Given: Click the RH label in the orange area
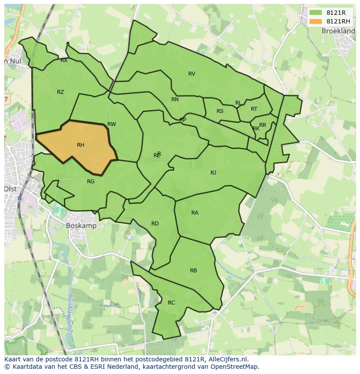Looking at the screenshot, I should coord(80,145).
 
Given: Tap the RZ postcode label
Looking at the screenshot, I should coord(60,92).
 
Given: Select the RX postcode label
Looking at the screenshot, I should coord(64,61).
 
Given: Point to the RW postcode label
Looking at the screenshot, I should coord(112,124).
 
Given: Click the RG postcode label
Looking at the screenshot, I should coord(90,182).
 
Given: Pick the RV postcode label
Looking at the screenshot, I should coord(192,74).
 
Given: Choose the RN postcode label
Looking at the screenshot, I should coord(175,99).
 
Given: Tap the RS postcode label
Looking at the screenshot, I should coord(220,111).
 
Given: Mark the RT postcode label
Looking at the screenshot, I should coord(254,109).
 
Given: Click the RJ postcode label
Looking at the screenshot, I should coord(213,173).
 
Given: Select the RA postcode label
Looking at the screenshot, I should coord(195,213).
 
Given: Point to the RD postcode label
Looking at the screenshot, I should coord(155,224).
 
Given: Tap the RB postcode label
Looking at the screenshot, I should coord(193,271).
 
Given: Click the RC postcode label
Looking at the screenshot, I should coord(171,303).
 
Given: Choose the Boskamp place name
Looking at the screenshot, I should coord(81,226).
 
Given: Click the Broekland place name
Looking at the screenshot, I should coord(338,31).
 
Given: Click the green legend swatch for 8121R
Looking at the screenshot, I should coord(316,13).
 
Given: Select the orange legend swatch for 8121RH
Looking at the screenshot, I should coord(316,21).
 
